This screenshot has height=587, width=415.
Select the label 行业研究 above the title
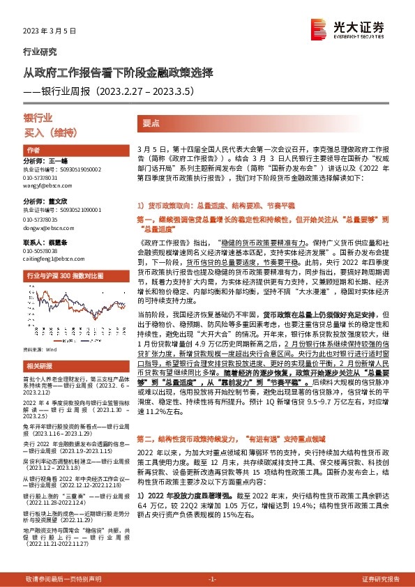pyautogui.click(x=40, y=52)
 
